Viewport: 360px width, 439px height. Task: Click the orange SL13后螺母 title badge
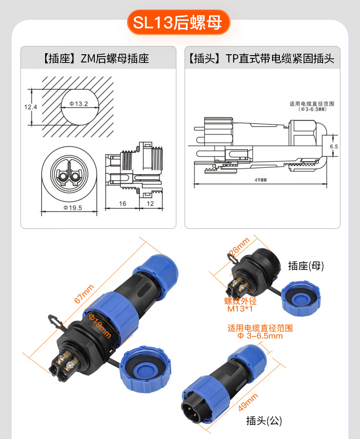click(x=179, y=22)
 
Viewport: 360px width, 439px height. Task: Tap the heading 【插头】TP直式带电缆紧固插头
click(x=261, y=58)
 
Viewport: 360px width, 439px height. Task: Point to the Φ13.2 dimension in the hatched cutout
click(x=79, y=104)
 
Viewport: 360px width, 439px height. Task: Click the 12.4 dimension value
click(x=31, y=107)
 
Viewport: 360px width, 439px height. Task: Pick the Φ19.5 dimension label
click(x=73, y=208)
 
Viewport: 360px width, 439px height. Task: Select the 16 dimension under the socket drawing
click(x=122, y=203)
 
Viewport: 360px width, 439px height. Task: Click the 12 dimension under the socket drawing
click(x=150, y=203)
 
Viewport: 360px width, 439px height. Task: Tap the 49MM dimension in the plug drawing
click(x=260, y=180)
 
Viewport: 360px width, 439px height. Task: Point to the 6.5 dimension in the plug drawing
click(x=334, y=146)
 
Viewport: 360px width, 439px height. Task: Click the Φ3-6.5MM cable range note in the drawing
click(x=313, y=109)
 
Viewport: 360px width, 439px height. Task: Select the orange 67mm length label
click(x=84, y=294)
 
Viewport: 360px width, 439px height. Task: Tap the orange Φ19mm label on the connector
click(x=100, y=325)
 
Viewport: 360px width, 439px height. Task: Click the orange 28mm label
click(x=239, y=246)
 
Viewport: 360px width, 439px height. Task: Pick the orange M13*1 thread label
click(x=240, y=309)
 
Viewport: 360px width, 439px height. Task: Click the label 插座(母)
click(x=306, y=266)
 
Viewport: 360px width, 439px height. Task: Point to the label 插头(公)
click(x=264, y=420)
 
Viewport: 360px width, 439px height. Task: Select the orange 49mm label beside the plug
click(x=248, y=403)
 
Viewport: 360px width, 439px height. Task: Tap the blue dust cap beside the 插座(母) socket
click(x=301, y=299)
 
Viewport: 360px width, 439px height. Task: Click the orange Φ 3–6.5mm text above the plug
click(x=260, y=336)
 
